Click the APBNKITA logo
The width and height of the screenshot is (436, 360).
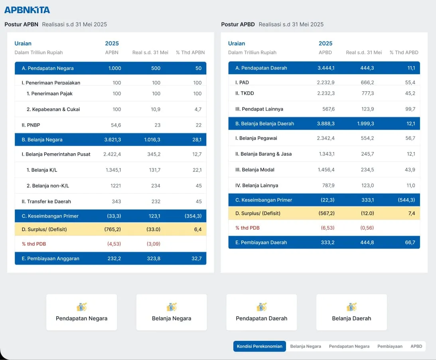tap(27, 10)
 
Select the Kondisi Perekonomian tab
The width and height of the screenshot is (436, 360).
tap(259, 346)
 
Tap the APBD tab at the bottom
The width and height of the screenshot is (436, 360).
tap(416, 346)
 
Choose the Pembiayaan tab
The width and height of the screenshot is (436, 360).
tap(390, 346)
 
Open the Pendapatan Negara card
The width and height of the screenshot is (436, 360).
tap(81, 312)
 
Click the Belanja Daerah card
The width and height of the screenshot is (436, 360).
tap(351, 312)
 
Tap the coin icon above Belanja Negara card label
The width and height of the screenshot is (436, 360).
tap(172, 307)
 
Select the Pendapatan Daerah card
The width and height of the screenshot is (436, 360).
tap(261, 312)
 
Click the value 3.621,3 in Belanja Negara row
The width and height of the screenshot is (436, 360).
tap(112, 140)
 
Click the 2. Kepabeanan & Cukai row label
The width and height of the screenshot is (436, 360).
tap(53, 109)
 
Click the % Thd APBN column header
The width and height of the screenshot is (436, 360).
tap(190, 53)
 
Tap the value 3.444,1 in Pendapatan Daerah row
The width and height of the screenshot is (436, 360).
tap(326, 68)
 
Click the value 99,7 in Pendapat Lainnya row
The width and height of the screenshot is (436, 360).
tap(410, 109)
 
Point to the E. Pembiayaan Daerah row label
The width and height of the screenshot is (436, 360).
tap(261, 242)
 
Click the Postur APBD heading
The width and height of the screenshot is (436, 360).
tap(238, 24)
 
